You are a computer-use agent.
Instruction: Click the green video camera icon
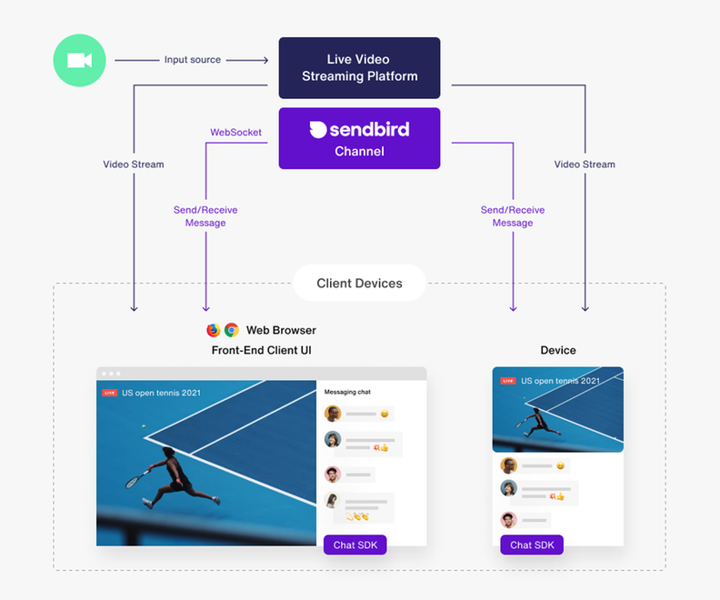click(x=79, y=60)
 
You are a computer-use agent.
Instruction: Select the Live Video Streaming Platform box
click(x=359, y=67)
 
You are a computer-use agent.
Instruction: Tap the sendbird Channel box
click(x=359, y=138)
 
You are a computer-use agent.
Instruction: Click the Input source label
click(x=192, y=60)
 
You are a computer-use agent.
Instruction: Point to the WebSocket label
click(x=235, y=133)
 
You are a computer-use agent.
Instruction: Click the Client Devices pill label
click(x=359, y=283)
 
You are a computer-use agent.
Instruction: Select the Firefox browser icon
click(x=214, y=330)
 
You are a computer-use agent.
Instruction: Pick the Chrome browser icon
click(x=232, y=330)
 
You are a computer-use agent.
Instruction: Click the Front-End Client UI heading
click(x=262, y=350)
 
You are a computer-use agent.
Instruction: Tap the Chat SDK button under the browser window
click(x=355, y=545)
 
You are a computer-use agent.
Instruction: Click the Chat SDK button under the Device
click(x=532, y=545)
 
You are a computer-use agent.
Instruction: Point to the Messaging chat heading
click(x=347, y=392)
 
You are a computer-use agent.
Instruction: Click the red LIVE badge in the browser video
click(x=109, y=393)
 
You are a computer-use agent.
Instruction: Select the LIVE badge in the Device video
click(x=507, y=381)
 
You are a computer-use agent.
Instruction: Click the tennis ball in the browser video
click(x=142, y=425)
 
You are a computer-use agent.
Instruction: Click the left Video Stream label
click(x=134, y=165)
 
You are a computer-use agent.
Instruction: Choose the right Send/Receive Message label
click(x=513, y=216)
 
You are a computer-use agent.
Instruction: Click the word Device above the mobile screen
click(x=557, y=350)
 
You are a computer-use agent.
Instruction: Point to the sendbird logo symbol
click(x=318, y=129)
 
